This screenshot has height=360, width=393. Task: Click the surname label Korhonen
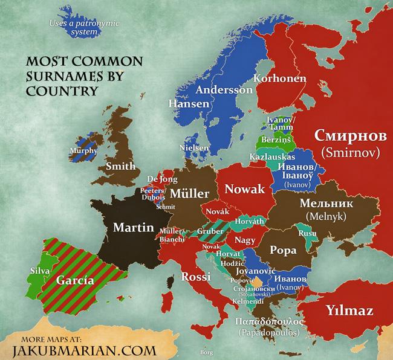(x=279, y=79)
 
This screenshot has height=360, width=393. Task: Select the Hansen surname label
(x=189, y=104)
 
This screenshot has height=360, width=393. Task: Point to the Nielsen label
(x=195, y=147)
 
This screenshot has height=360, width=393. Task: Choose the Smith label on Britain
(x=120, y=166)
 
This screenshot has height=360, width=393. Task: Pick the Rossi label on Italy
(x=195, y=277)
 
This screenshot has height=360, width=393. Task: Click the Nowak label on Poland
(x=245, y=190)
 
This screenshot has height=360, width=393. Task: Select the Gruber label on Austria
(x=209, y=231)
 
